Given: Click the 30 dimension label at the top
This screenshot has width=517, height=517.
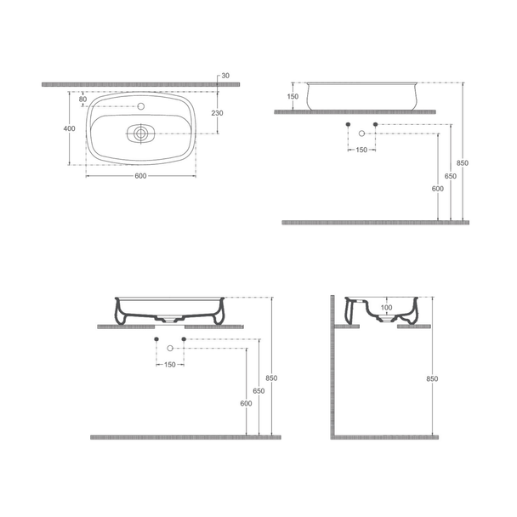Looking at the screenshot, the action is coord(225,76).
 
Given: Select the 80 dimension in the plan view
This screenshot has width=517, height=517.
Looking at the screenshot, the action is coord(82,99).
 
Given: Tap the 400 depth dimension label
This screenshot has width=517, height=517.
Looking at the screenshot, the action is coord(69,128).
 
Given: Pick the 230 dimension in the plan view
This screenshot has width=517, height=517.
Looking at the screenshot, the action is coord(218,113).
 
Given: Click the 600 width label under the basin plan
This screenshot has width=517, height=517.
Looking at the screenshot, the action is coord(141,176).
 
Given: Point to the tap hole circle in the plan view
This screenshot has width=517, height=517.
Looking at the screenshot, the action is coord(141,106).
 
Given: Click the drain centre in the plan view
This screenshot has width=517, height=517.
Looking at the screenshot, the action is coord(141,134).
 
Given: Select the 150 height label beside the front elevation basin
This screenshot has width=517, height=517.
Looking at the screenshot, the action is coord(293,97).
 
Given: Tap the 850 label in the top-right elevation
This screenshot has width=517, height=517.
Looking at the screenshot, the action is coord(463,163).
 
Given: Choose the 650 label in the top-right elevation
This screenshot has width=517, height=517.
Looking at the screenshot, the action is coord(451,176).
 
